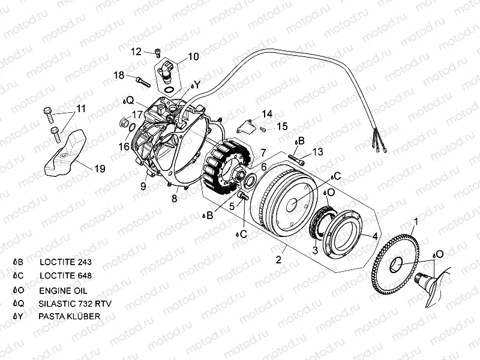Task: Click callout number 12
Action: point(136,52)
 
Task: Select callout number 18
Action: point(119,75)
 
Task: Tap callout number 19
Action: point(99,169)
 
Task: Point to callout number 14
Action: point(266,113)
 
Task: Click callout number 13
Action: point(317,152)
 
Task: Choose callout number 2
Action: point(278,260)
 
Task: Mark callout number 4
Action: point(374,236)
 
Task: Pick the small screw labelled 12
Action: point(157,53)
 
